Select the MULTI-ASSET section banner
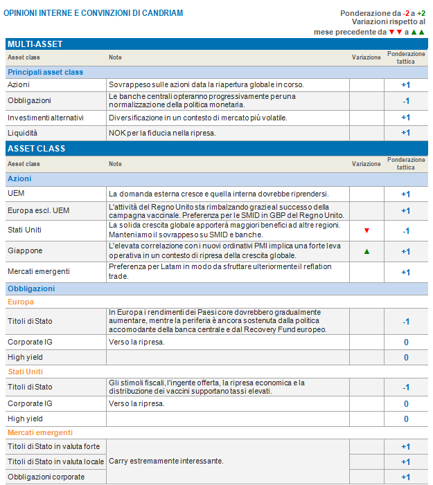pyautogui.click(x=35, y=44)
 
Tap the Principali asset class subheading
pyautogui.click(x=45, y=72)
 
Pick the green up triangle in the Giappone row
pyautogui.click(x=366, y=251)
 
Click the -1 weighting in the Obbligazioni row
pyautogui.click(x=405, y=101)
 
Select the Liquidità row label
pyautogui.click(x=23, y=133)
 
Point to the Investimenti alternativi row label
pyautogui.click(x=45, y=118)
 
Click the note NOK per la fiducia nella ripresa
pyautogui.click(x=162, y=133)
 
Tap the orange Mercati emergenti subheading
pyautogui.click(x=40, y=432)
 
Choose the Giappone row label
pyautogui.click(x=25, y=250)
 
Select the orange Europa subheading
pyautogui.click(x=21, y=302)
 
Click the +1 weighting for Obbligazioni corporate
pyautogui.click(x=405, y=477)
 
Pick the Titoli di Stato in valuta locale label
pyautogui.click(x=55, y=461)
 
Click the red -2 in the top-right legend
pyautogui.click(x=407, y=13)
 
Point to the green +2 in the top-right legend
pyautogui.click(x=421, y=13)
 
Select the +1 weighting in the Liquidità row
pyautogui.click(x=405, y=133)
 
